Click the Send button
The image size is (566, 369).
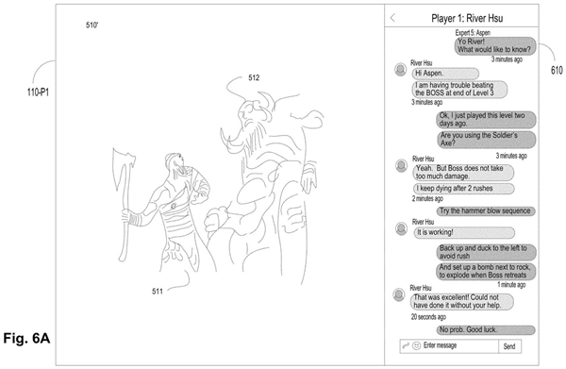click(509, 346)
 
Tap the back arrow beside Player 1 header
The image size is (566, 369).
click(392, 18)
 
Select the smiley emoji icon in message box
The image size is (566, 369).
click(416, 345)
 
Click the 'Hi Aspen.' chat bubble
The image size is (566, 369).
click(445, 74)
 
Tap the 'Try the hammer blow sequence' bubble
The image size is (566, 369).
click(486, 210)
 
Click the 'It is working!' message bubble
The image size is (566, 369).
click(464, 232)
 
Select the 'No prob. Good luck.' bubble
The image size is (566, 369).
click(486, 329)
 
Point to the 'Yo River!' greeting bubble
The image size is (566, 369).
click(495, 45)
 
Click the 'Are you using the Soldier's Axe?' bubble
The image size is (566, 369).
click(487, 140)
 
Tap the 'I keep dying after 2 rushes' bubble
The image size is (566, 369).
click(463, 189)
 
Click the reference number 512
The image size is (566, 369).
click(254, 77)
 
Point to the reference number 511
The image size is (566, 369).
click(158, 292)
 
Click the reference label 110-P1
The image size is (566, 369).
click(38, 92)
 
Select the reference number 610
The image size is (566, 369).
click(557, 70)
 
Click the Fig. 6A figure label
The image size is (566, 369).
click(26, 338)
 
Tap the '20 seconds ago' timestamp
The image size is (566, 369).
click(428, 317)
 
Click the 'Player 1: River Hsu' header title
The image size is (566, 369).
click(467, 18)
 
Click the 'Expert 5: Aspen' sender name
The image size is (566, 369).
click(473, 33)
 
